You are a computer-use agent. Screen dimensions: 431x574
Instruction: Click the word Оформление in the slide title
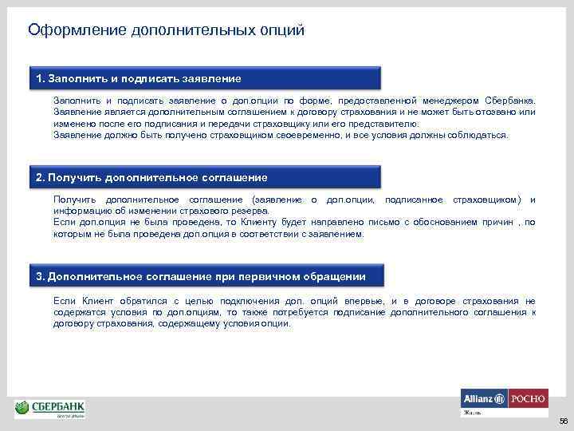68,30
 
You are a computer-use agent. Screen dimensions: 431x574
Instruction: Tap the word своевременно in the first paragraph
313,135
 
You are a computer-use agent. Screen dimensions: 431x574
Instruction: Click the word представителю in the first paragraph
385,125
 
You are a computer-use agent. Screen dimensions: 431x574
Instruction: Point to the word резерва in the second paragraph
250,211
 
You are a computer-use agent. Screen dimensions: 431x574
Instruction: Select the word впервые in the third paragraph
369,300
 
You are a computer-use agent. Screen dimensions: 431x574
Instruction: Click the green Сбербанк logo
50,409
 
